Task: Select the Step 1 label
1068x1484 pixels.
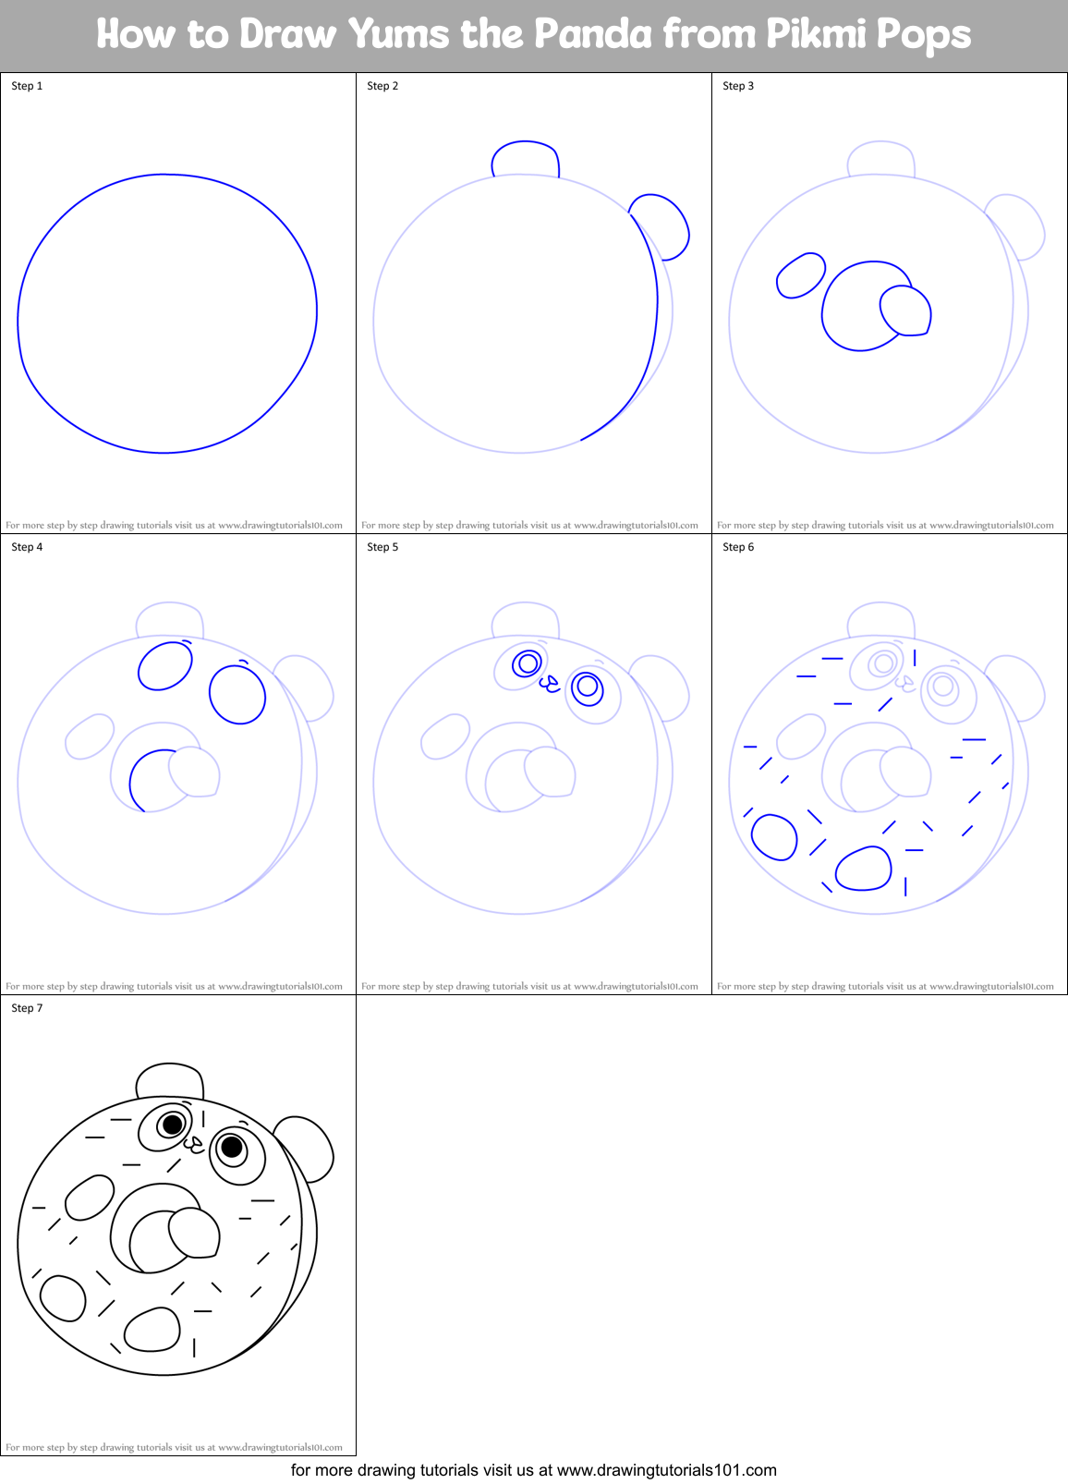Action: pos(27,86)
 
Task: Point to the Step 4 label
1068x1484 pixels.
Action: pos(27,547)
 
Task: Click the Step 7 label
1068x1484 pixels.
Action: pos(27,1008)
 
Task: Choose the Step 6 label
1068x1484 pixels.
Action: pos(738,547)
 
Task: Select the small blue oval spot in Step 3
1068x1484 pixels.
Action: pos(800,275)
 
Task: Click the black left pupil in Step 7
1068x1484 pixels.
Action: pos(172,1125)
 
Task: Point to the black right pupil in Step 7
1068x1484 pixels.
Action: pos(232,1147)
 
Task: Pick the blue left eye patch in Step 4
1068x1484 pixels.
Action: pos(165,665)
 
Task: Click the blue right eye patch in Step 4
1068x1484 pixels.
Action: pos(237,694)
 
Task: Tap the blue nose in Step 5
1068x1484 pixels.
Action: pos(550,684)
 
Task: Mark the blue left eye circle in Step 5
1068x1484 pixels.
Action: pos(528,663)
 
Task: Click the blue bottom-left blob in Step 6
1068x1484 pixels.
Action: pos(774,837)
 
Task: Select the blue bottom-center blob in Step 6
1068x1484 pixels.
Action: pos(864,869)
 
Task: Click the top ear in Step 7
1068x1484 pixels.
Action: pos(169,1081)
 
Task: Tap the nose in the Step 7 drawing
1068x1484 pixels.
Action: pos(194,1145)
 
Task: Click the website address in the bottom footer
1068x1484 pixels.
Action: pos(666,1470)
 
